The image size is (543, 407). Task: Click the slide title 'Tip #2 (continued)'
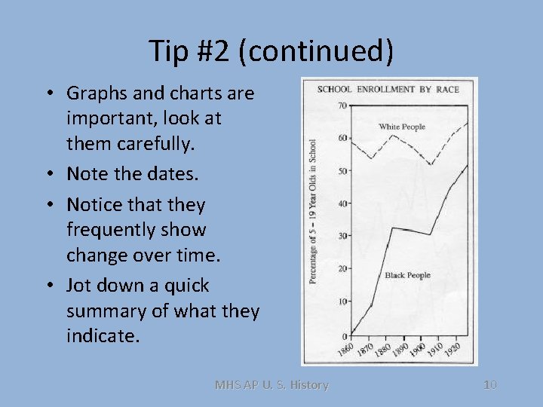(271, 51)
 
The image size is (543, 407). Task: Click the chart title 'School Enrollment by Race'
(388, 89)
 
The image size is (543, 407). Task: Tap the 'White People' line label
(402, 127)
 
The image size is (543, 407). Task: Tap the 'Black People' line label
(407, 275)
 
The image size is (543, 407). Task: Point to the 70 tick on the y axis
(342, 106)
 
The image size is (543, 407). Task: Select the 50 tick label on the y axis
(342, 171)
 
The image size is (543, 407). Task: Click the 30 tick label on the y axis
(342, 236)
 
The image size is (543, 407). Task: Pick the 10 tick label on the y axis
(342, 301)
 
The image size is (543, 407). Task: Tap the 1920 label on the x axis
(452, 350)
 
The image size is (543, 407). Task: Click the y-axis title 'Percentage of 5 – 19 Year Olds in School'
(312, 210)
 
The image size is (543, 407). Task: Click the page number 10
(489, 385)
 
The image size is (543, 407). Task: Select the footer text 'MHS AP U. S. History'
(271, 385)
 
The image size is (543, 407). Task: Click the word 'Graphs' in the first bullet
(95, 93)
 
